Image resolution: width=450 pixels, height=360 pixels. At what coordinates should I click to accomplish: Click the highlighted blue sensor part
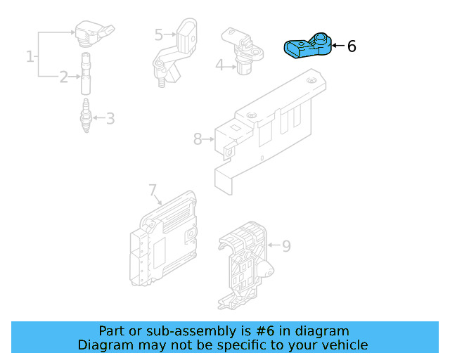point(307,47)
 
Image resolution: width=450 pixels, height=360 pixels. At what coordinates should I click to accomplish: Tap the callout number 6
point(352,46)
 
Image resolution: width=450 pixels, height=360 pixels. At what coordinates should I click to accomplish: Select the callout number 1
point(30,56)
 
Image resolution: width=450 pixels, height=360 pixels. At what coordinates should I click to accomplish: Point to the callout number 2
point(64,77)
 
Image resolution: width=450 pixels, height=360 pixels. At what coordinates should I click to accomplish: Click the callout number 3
point(110,118)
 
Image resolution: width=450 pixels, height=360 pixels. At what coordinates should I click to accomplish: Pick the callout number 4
point(219,65)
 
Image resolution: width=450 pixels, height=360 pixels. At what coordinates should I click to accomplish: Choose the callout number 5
point(159,34)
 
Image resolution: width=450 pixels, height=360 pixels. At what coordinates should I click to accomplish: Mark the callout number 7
point(152,190)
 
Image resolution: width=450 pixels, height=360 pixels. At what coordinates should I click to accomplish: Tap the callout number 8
point(198,139)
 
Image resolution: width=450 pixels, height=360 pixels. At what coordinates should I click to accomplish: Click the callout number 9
point(286,246)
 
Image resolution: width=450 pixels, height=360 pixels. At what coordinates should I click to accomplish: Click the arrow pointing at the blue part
point(337,46)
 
